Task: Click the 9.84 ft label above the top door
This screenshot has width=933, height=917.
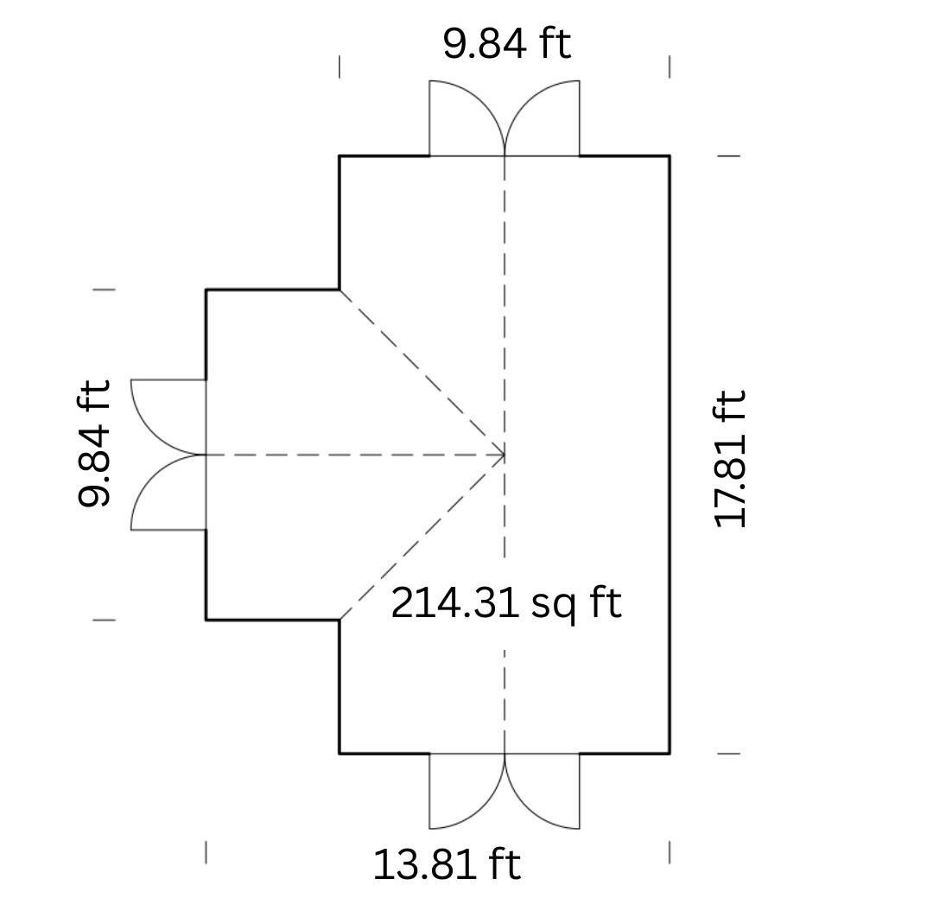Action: (507, 43)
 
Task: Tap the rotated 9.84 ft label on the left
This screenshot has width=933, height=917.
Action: (95, 443)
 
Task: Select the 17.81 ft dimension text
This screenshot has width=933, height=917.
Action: (729, 459)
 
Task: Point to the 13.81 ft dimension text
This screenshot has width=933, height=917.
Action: (447, 864)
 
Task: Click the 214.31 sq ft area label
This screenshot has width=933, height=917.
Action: (506, 603)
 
